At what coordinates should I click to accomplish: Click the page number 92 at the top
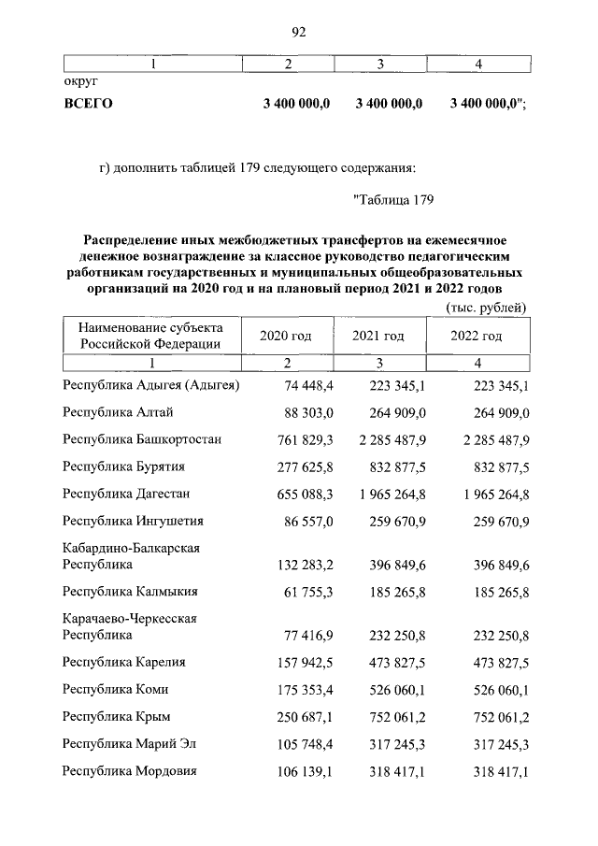coord(299,32)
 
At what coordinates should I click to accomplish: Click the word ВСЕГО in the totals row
coord(87,104)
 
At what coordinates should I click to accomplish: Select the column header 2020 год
coord(285,336)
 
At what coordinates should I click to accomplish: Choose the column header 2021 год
coord(378,336)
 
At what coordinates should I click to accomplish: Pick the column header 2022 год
coord(477,336)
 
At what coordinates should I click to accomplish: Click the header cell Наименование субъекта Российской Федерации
coord(150,336)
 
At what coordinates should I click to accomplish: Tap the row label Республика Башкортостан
coord(142,439)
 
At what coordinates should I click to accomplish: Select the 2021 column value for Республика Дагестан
coord(386,494)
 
